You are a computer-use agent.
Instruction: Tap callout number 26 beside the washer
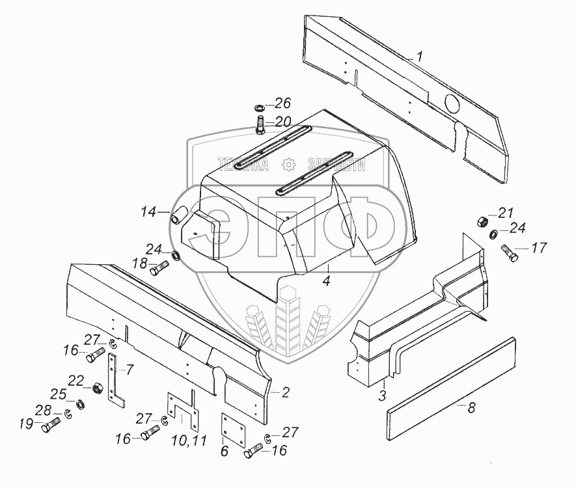click(282, 103)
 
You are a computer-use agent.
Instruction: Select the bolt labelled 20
click(260, 122)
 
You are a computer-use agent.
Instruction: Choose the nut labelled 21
click(484, 221)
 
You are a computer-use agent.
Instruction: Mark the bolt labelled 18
click(159, 266)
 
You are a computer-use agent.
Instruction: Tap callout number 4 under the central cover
click(327, 280)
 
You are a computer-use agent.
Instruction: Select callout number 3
click(382, 395)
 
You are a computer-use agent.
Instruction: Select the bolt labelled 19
click(51, 427)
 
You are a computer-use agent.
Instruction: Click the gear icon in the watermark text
click(289, 164)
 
